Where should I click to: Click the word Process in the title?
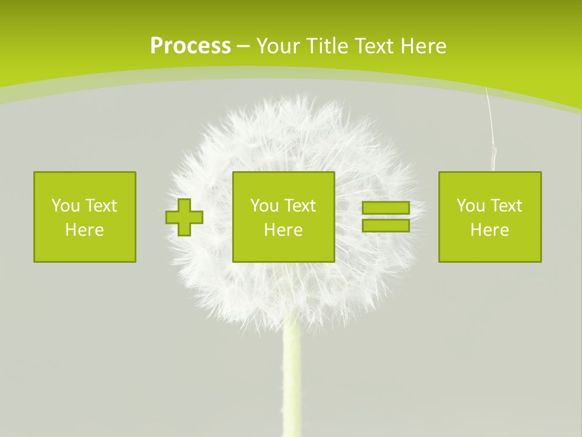[190, 46]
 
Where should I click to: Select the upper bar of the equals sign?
[386, 208]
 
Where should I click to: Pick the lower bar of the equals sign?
[386, 226]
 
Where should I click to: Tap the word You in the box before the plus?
[64, 206]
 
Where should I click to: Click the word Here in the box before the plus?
[85, 230]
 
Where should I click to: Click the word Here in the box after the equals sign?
[490, 230]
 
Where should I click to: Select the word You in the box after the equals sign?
[469, 206]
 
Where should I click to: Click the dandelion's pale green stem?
[292, 382]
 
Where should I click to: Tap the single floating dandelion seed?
[493, 155]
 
